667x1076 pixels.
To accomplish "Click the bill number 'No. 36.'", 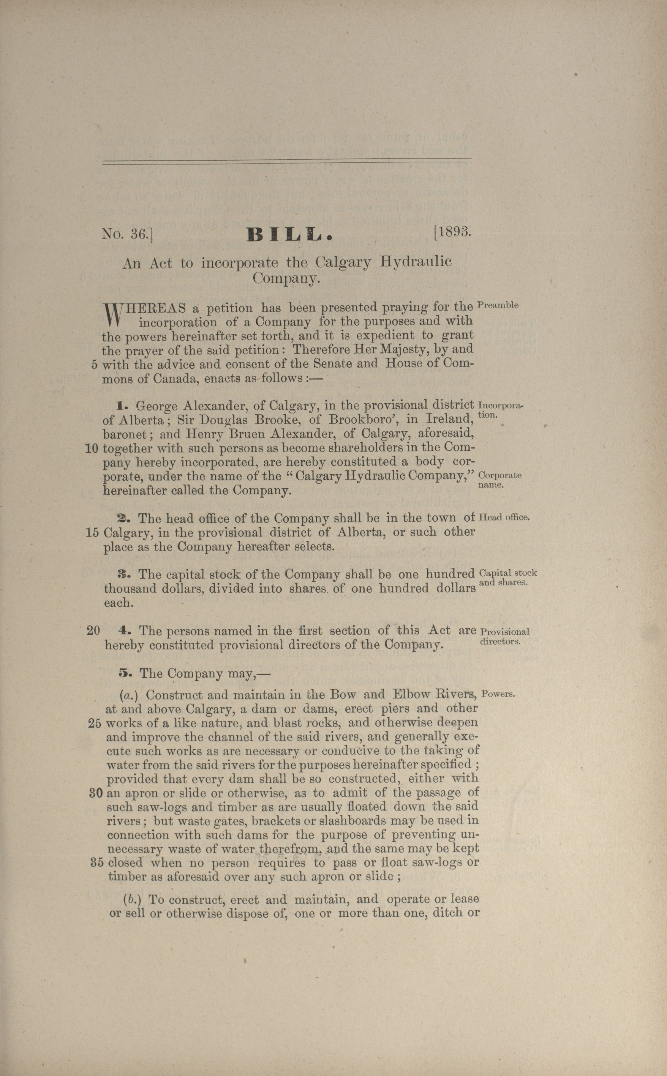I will point(127,234).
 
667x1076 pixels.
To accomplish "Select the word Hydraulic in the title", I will point(416,262).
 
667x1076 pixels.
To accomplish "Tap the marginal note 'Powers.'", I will point(498,694).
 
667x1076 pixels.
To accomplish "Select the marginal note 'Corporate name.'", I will point(500,480).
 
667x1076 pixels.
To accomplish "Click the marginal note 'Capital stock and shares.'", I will point(507,578).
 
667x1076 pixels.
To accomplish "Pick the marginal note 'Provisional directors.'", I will point(504,636).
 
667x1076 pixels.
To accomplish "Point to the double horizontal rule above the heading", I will point(287,163).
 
